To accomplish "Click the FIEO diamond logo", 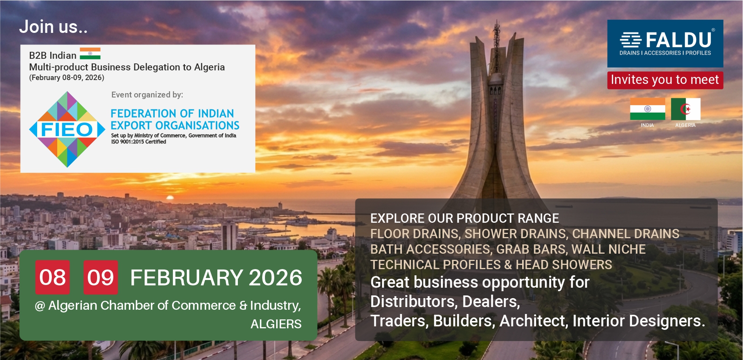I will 67,129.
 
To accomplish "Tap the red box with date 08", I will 53,277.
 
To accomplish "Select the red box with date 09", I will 101,277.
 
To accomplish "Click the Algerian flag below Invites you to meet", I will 685,109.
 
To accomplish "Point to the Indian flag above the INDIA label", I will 647,109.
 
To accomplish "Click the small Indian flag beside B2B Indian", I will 90,53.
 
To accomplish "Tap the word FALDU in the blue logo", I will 678,40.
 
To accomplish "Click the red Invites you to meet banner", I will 665,80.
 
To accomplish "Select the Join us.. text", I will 53,27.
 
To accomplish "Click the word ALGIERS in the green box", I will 276,324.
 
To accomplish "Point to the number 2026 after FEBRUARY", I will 275,278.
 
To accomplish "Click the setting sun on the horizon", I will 170,198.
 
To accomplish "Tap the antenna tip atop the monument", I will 496,22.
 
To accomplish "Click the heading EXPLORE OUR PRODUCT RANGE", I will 465,218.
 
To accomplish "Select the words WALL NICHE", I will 608,249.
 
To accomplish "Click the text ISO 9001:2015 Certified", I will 138,142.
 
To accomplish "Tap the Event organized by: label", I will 147,95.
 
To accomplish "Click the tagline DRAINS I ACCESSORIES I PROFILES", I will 665,53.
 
